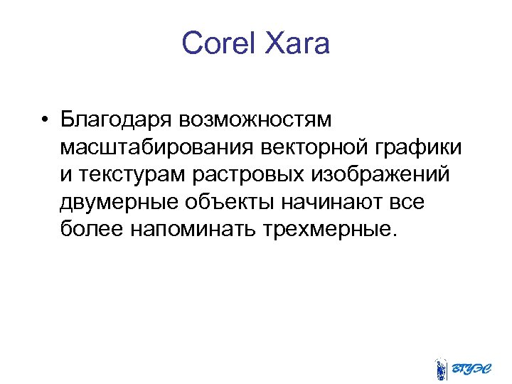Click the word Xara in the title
298,44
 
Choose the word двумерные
121,202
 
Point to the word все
407,202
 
